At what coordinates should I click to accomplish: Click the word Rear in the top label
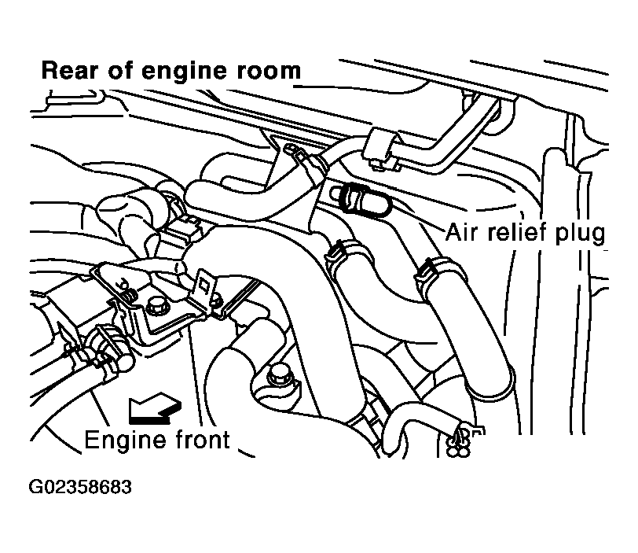click(70, 71)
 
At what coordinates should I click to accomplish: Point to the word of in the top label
click(119, 70)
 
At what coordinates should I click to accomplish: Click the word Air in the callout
click(461, 233)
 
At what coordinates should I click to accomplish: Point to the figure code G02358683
click(80, 487)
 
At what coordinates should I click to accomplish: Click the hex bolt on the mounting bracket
click(156, 306)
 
